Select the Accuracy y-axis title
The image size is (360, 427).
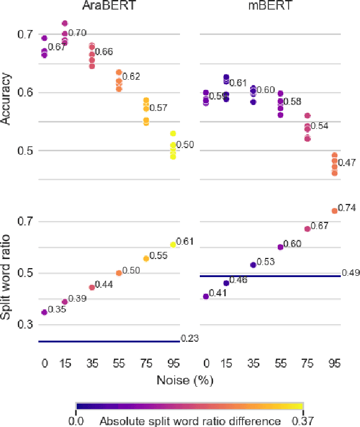click(x=7, y=98)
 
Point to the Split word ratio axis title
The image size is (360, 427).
click(x=7, y=272)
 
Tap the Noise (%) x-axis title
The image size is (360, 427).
click(x=184, y=380)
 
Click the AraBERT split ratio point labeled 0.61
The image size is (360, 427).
click(x=173, y=245)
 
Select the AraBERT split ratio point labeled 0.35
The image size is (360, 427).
click(x=44, y=312)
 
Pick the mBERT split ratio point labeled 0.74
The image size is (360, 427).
click(x=334, y=211)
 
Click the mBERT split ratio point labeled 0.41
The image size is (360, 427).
click(x=206, y=296)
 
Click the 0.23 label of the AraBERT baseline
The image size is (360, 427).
click(x=190, y=339)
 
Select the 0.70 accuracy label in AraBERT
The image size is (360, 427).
click(x=78, y=33)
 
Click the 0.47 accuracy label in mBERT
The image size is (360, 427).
click(x=347, y=163)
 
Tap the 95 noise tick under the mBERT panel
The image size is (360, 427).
click(x=334, y=363)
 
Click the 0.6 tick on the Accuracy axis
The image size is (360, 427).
click(x=25, y=93)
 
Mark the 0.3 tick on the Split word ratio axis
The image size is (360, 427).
click(x=25, y=324)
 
